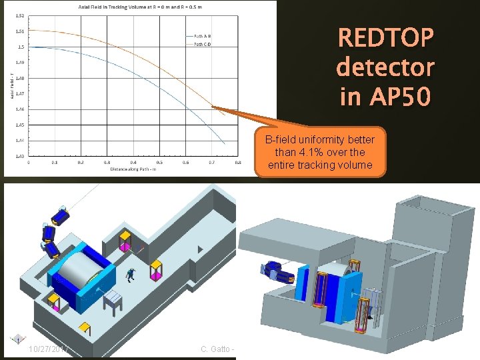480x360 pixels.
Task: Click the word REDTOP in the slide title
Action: pos(386,38)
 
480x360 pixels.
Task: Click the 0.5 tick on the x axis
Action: pos(159,162)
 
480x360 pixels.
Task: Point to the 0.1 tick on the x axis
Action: pos(55,162)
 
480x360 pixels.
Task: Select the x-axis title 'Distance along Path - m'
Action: pos(133,169)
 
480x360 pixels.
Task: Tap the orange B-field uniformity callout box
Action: pos(320,152)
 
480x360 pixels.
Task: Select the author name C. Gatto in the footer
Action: pos(216,349)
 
